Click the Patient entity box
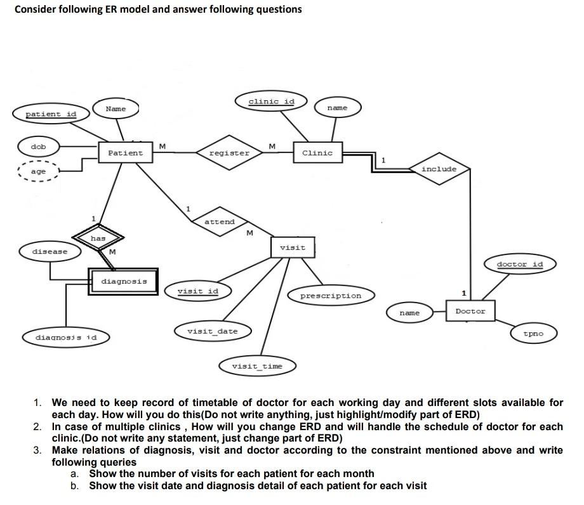click(x=126, y=153)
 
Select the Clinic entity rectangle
click(x=317, y=153)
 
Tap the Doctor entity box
click(x=470, y=312)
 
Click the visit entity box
click(x=293, y=247)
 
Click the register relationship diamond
click(x=229, y=153)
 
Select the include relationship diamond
click(x=439, y=169)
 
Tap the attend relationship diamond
click(x=220, y=222)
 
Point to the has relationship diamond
click(x=98, y=239)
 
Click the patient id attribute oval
click(x=51, y=114)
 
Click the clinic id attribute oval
click(x=271, y=102)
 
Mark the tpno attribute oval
click(x=533, y=332)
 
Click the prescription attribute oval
click(x=330, y=296)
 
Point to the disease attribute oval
click(x=50, y=251)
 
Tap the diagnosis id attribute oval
click(x=66, y=337)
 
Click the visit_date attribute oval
click(x=212, y=331)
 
